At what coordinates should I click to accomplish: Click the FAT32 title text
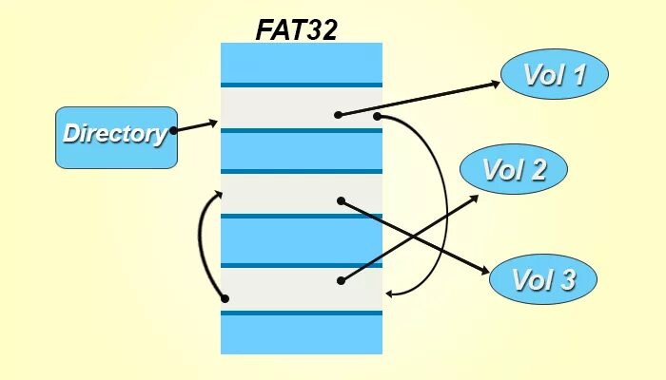point(296,28)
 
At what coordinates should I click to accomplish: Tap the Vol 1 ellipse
point(554,74)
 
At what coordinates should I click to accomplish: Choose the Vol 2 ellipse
point(514,171)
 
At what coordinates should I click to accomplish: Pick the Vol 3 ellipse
point(543,279)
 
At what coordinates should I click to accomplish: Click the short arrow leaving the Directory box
point(196,126)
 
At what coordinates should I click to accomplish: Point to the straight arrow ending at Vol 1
point(419,99)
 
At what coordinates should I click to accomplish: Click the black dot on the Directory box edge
point(173,131)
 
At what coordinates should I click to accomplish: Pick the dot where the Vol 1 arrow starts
point(338,115)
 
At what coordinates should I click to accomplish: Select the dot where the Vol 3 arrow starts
point(341,200)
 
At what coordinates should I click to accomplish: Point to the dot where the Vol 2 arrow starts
point(340,280)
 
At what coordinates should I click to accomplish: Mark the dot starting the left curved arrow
point(225,298)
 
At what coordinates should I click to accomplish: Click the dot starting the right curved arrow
point(377,116)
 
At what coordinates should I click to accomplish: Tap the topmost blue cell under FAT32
point(301,63)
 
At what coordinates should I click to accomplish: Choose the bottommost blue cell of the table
point(301,334)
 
